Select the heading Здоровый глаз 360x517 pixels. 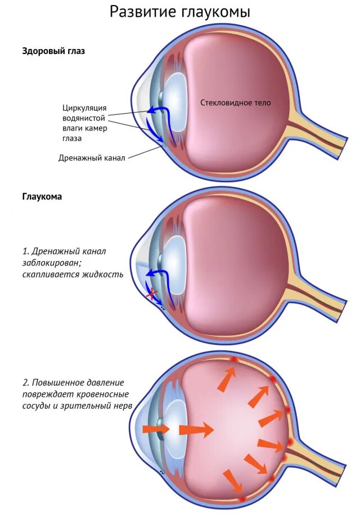[x=53, y=51]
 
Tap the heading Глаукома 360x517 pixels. [x=42, y=197]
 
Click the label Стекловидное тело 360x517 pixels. [x=236, y=103]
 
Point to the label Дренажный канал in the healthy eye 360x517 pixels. [x=92, y=158]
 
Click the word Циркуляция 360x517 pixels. [x=84, y=108]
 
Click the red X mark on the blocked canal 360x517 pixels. [x=151, y=294]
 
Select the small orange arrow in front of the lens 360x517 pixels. [x=155, y=429]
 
